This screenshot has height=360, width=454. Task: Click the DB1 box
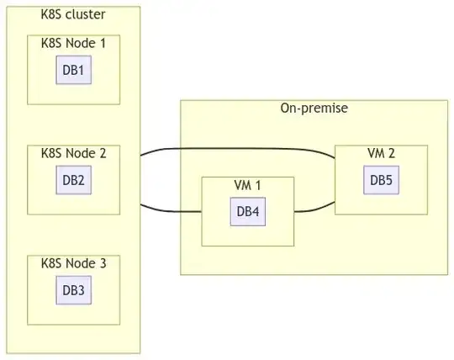[x=73, y=70]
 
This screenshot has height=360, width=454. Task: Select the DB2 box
[x=73, y=180]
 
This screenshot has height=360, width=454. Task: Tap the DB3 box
[x=73, y=290]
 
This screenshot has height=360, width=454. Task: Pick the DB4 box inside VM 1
[x=248, y=212]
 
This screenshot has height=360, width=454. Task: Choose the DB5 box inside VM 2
[x=382, y=180]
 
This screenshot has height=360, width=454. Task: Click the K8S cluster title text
[x=73, y=14]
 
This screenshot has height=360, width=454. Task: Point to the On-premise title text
[x=314, y=109]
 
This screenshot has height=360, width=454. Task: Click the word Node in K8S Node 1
[x=81, y=43]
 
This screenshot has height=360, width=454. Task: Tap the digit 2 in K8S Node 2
[x=103, y=153]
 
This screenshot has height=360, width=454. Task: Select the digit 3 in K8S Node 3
[x=103, y=263]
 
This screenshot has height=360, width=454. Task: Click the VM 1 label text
[x=247, y=185]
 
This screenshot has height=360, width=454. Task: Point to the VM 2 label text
[x=382, y=153]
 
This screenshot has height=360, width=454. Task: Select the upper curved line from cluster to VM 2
[x=237, y=149]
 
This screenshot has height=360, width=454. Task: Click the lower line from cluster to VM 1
[x=171, y=211]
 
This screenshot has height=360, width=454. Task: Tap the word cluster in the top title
[x=86, y=14]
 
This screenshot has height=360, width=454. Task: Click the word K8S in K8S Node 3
[x=51, y=263]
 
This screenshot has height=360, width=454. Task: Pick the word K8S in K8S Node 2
[x=51, y=153]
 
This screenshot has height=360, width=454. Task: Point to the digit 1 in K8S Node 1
[x=103, y=43]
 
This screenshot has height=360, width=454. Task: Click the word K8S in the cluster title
[x=51, y=14]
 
